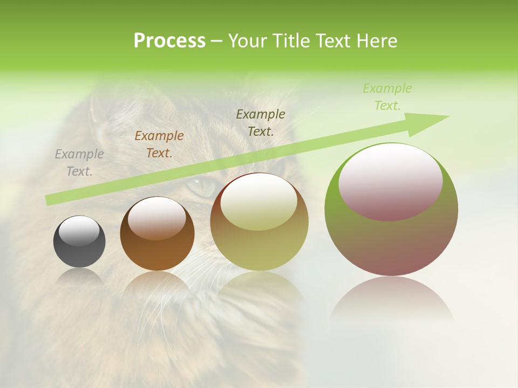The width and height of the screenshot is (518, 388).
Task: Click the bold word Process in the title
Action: (x=169, y=41)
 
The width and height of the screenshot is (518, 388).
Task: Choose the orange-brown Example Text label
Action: (x=159, y=144)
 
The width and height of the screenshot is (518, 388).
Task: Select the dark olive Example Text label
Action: (x=261, y=122)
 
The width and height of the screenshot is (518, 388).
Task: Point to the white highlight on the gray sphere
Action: (x=79, y=231)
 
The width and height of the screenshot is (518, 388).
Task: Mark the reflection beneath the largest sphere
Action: (x=391, y=299)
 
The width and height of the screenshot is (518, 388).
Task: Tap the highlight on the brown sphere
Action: (x=156, y=218)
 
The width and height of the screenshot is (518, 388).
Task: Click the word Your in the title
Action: (x=248, y=41)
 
